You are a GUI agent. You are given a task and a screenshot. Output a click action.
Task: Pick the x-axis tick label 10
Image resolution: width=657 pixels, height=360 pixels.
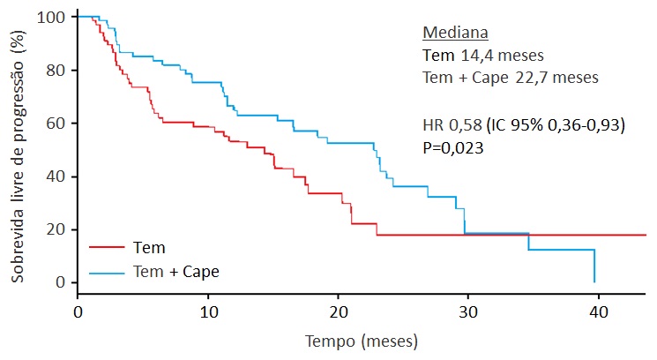tap(208, 311)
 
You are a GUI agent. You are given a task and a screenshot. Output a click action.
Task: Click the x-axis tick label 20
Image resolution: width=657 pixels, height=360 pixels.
tap(338, 311)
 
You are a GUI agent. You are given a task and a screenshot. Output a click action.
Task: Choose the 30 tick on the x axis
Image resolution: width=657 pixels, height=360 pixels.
tap(468, 311)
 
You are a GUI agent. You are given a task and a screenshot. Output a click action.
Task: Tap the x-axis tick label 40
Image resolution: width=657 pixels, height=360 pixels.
tap(598, 311)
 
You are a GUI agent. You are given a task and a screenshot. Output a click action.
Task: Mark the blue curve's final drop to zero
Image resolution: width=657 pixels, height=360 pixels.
tap(595, 266)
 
